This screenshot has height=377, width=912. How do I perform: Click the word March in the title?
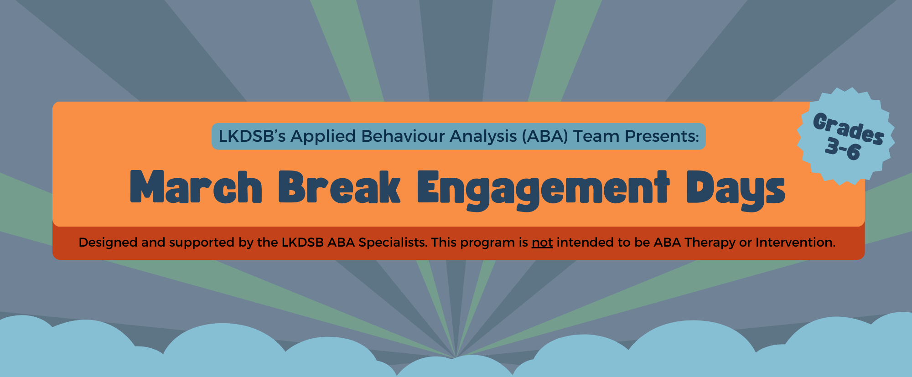(196, 187)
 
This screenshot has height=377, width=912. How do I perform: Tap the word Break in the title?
(339, 187)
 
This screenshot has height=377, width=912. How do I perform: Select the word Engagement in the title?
(543, 188)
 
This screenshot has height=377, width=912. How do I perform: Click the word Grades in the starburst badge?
(849, 129)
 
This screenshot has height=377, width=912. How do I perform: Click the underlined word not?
(542, 243)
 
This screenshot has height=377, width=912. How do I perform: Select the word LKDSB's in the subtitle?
(252, 136)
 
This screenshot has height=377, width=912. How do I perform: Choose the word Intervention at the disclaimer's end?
(795, 243)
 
